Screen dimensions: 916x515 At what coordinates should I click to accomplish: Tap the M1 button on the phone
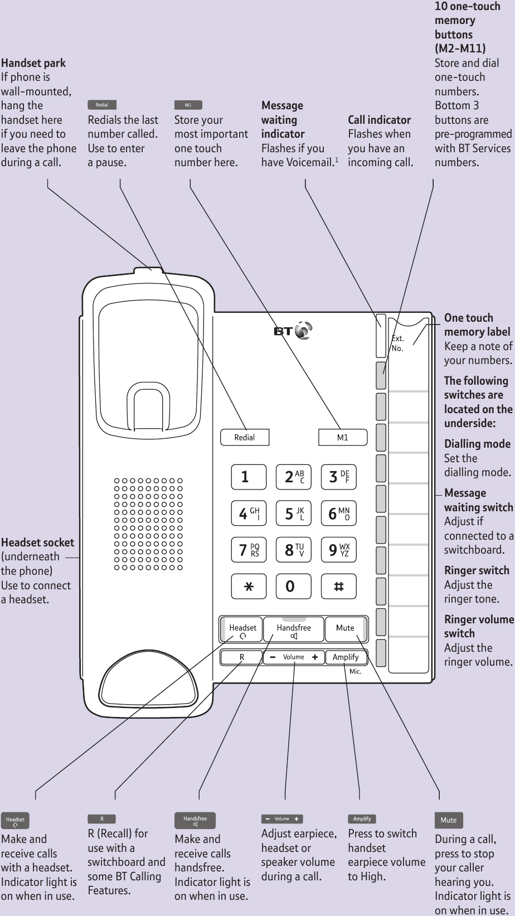pyautogui.click(x=343, y=438)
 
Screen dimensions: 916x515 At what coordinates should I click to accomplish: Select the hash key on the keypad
pyautogui.click(x=338, y=587)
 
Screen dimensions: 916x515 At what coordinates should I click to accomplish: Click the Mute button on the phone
pyautogui.click(x=346, y=629)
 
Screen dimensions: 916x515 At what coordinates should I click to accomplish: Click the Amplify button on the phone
pyautogui.click(x=346, y=657)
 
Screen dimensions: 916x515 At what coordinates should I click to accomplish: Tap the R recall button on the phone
pyautogui.click(x=242, y=657)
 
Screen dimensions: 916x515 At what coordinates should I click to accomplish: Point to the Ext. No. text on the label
pyautogui.click(x=397, y=343)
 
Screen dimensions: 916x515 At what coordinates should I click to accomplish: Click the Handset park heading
pyautogui.click(x=33, y=63)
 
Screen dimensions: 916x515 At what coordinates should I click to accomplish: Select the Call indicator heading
pyautogui.click(x=379, y=120)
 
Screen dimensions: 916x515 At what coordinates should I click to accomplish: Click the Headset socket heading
pyautogui.click(x=37, y=542)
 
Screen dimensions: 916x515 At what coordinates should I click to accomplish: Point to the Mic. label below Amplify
pyautogui.click(x=355, y=672)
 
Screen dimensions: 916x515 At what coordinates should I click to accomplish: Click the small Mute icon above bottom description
pyautogui.click(x=448, y=820)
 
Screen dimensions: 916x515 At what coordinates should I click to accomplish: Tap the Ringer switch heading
pyautogui.click(x=477, y=570)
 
